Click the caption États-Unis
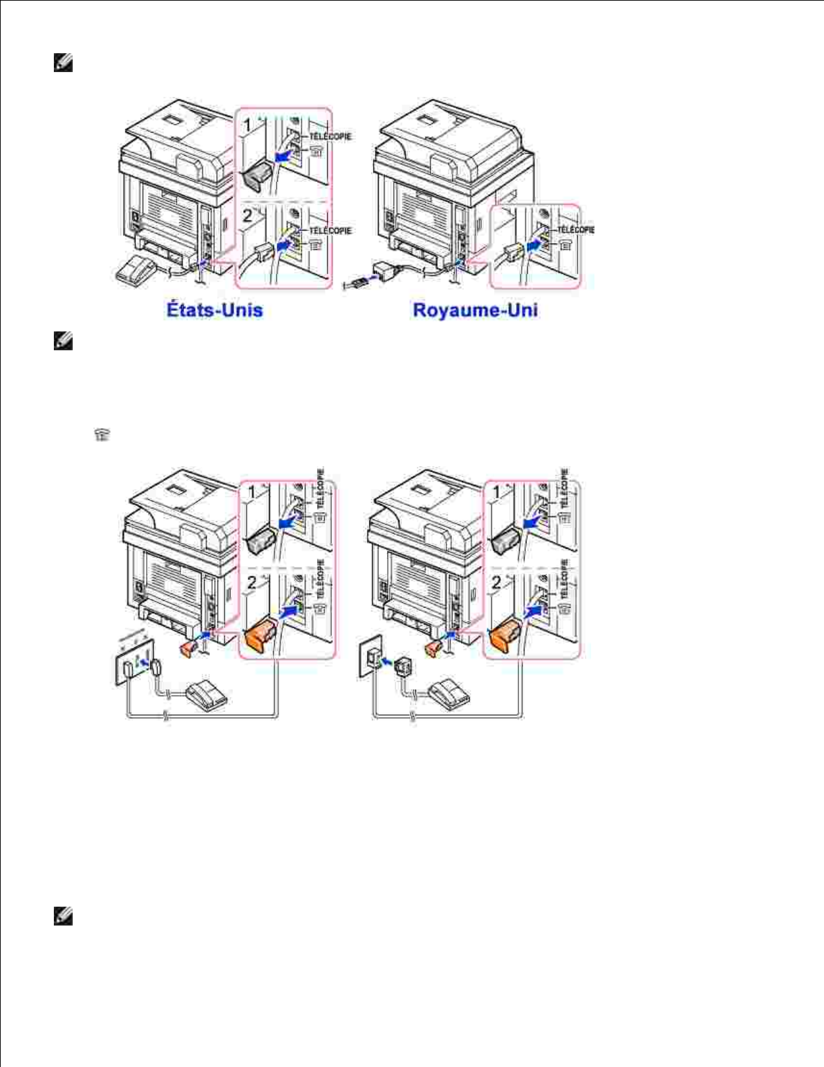(x=214, y=311)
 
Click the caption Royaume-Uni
(x=475, y=311)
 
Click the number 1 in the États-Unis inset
(x=247, y=125)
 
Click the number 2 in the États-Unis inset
(x=247, y=216)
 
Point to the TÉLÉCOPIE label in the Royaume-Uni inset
(x=575, y=230)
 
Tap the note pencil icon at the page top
(x=63, y=64)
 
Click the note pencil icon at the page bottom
(x=63, y=917)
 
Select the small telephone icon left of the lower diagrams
(x=102, y=435)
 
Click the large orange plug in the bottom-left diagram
(x=261, y=636)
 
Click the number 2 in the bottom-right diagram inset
(x=496, y=581)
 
